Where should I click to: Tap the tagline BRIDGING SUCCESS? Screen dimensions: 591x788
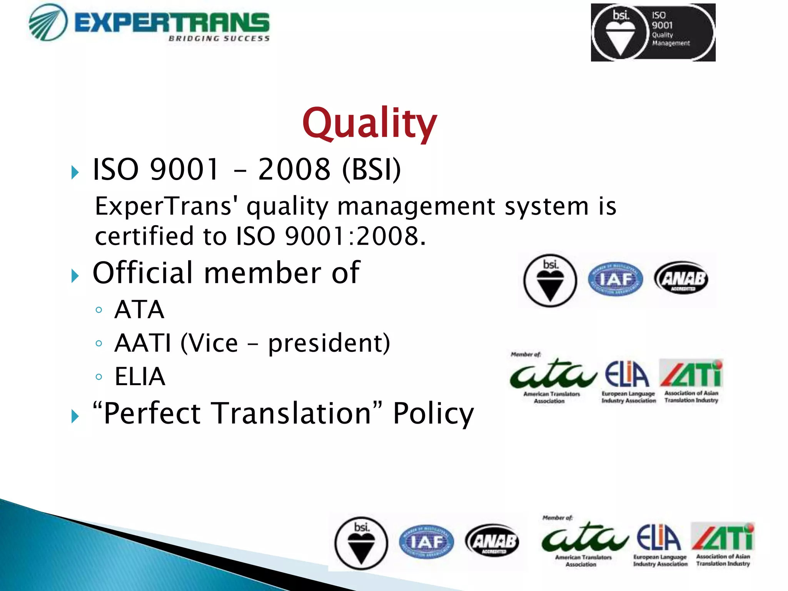(219, 38)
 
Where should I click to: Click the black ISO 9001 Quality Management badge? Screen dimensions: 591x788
(653, 32)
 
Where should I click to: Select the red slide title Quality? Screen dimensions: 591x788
(369, 123)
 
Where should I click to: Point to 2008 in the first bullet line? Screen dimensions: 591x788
(294, 169)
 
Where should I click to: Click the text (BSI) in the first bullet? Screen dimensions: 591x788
(371, 169)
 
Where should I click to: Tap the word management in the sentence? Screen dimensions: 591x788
(416, 206)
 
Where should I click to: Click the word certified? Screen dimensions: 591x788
(144, 236)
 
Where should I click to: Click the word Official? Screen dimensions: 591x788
(142, 273)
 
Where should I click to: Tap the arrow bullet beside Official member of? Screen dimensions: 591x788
(75, 276)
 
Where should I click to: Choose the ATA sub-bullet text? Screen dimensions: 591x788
(139, 309)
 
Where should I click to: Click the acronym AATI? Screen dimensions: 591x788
(143, 343)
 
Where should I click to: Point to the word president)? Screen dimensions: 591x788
(329, 343)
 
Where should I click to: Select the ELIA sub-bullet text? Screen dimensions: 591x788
(140, 376)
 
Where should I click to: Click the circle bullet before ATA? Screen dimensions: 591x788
(99, 310)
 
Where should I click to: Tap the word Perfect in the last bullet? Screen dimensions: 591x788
(152, 414)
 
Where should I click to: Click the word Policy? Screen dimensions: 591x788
(433, 414)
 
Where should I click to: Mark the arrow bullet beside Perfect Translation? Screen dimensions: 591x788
(75, 416)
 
